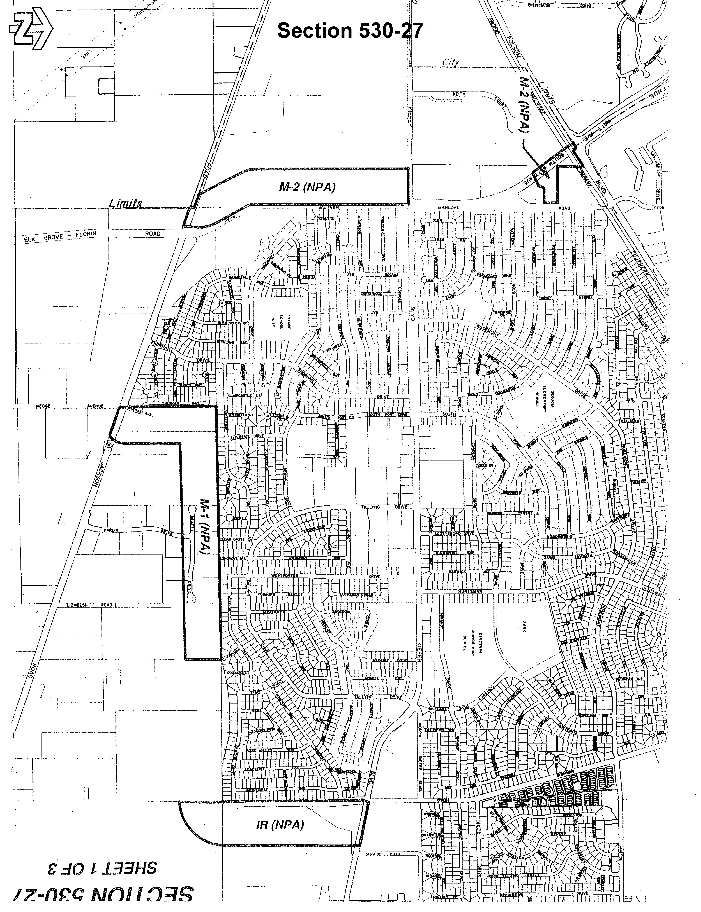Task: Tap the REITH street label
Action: pyautogui.click(x=459, y=94)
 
